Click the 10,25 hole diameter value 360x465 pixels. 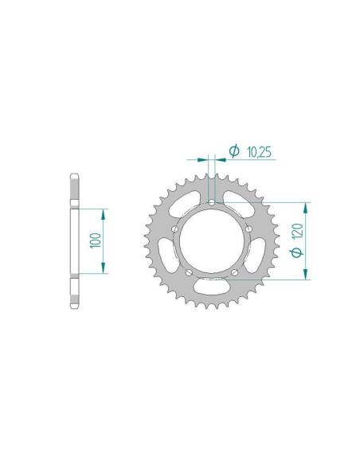tap(258, 150)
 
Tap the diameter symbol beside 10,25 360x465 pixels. tap(234, 150)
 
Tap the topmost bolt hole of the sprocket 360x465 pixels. tap(212, 202)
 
